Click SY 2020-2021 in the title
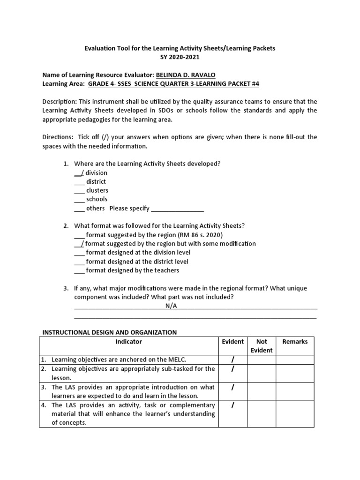180,57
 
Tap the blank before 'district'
79,181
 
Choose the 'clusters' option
97,190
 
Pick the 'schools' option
96,199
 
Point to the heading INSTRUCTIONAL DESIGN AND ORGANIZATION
110,332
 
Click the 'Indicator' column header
128,342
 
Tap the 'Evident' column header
232,342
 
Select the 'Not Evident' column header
262,346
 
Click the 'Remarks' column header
295,342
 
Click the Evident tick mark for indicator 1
232,360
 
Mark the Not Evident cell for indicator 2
262,373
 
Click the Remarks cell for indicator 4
295,413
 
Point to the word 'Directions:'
58,137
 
